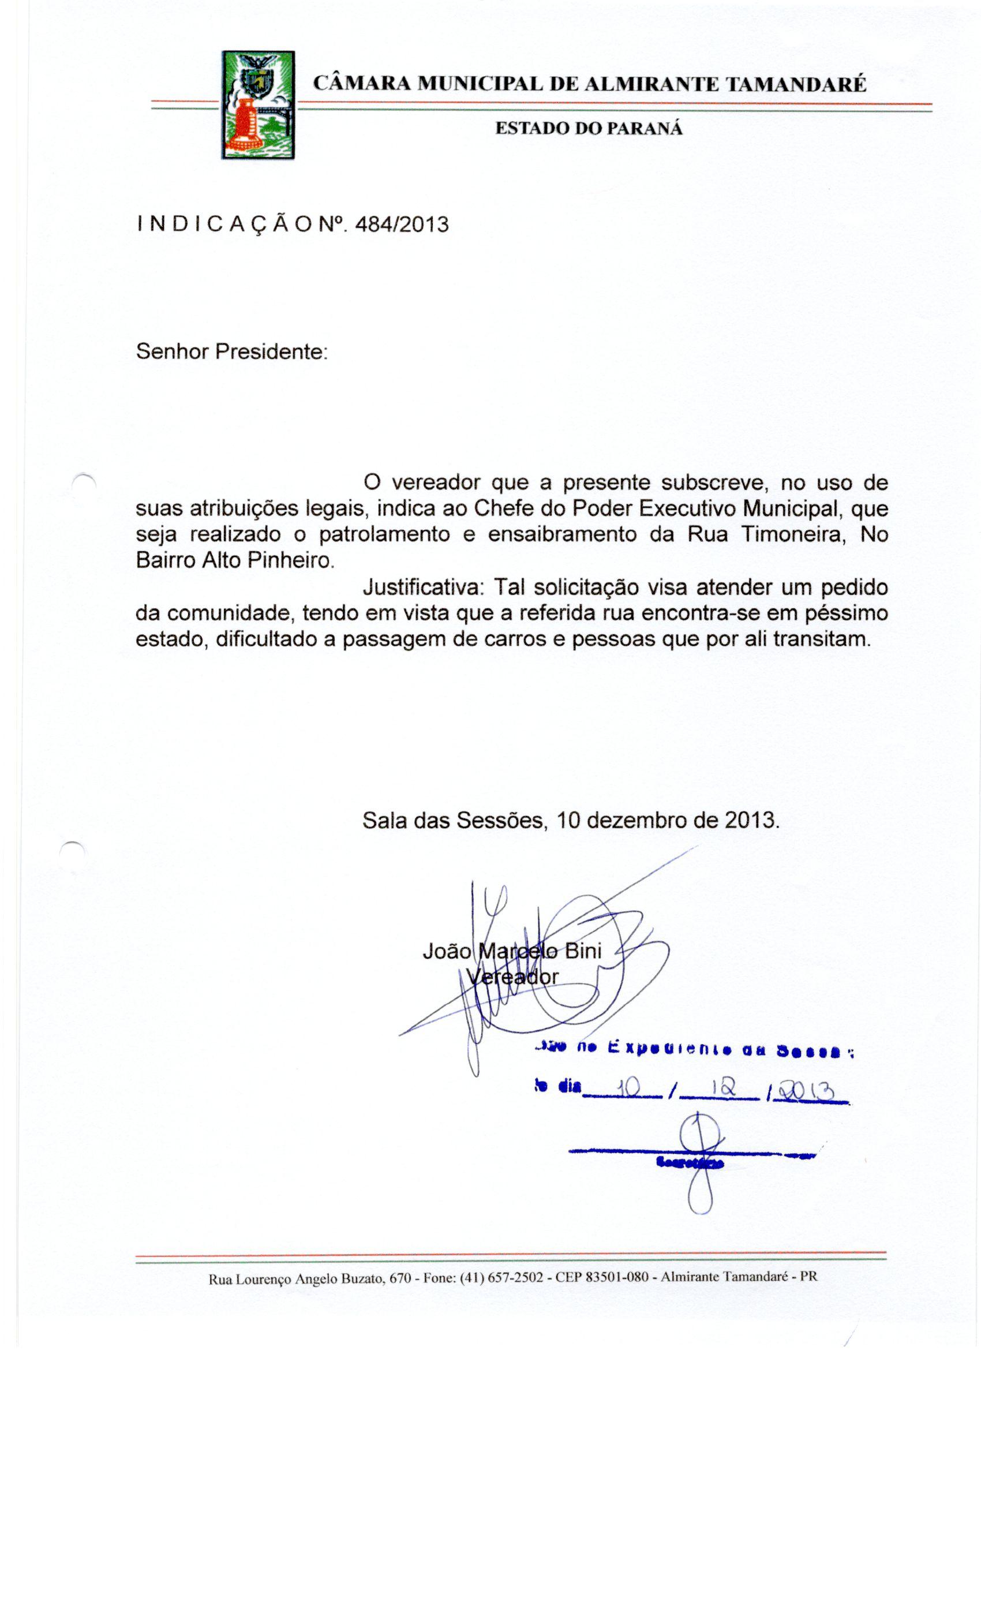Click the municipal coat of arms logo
point(258,105)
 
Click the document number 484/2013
point(401,225)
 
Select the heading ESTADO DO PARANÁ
point(588,129)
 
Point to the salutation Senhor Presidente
point(231,352)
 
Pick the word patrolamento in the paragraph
point(384,534)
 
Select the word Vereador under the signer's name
point(512,977)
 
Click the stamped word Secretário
point(689,1163)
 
